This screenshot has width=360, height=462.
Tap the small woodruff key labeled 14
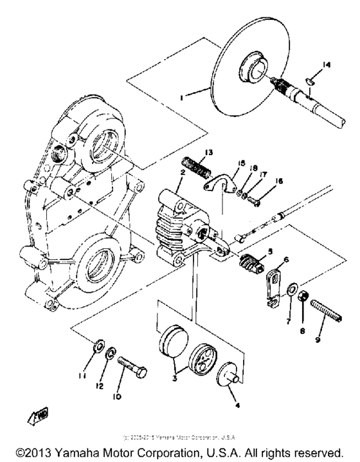pos(309,79)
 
